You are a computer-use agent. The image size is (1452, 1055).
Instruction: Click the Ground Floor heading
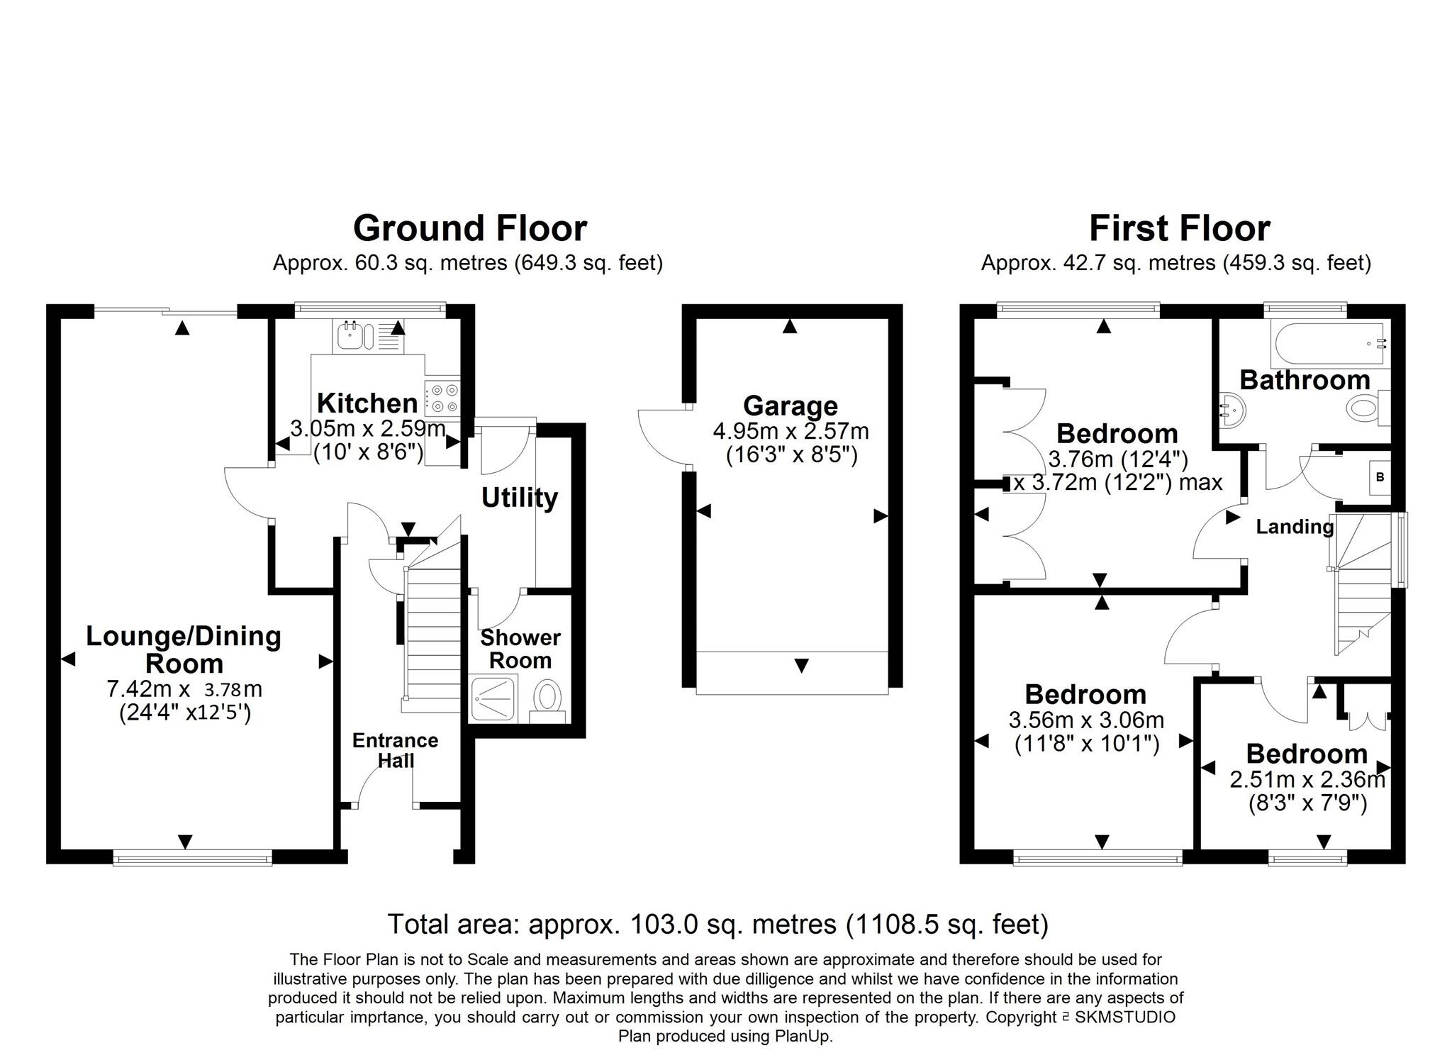(469, 229)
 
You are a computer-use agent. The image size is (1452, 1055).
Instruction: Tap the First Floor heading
(1179, 229)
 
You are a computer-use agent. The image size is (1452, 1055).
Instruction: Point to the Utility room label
(519, 498)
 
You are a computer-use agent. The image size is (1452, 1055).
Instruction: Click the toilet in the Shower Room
(547, 698)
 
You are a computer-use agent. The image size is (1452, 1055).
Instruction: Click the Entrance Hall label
(395, 750)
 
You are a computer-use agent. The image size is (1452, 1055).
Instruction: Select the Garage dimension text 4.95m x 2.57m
(790, 431)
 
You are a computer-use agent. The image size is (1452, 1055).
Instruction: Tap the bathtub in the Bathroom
(1327, 345)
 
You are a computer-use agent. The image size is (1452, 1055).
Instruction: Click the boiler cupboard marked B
(1380, 477)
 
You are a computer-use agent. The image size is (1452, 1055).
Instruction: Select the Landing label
(1295, 527)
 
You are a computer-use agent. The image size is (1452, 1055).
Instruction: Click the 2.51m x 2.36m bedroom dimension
(1307, 781)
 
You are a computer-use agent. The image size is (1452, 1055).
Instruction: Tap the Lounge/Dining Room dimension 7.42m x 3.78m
(184, 688)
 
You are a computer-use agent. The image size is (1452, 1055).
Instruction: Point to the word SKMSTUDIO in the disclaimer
(1124, 1017)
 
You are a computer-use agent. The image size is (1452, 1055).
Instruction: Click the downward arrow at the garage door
(801, 666)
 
